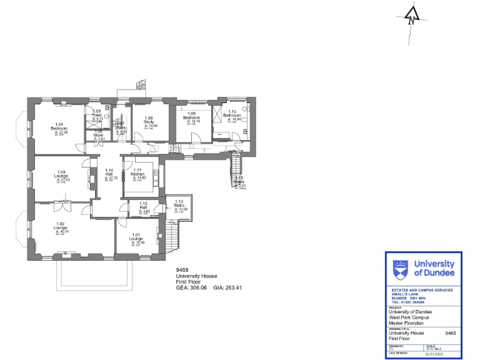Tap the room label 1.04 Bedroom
coord(59,128)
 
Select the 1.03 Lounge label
coord(61,176)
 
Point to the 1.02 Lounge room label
coord(61,227)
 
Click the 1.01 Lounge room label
coord(136,239)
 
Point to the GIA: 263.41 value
coord(227,288)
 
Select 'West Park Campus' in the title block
coord(409,317)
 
